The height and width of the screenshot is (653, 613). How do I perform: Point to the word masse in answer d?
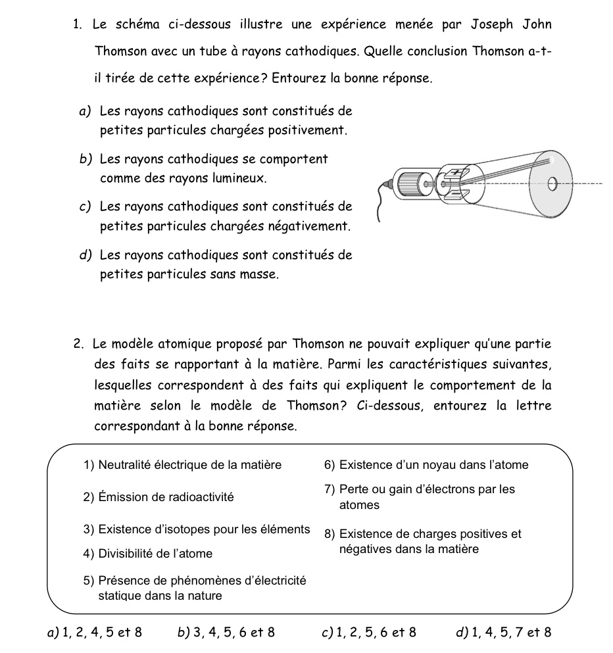click(x=261, y=274)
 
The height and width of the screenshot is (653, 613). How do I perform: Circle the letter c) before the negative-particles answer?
click(x=84, y=207)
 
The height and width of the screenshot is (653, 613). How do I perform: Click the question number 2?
click(x=78, y=344)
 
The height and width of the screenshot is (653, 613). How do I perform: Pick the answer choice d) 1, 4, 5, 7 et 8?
click(x=503, y=633)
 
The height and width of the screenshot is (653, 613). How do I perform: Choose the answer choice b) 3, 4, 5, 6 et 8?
click(x=226, y=633)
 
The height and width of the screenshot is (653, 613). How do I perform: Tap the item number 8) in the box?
click(x=330, y=534)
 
